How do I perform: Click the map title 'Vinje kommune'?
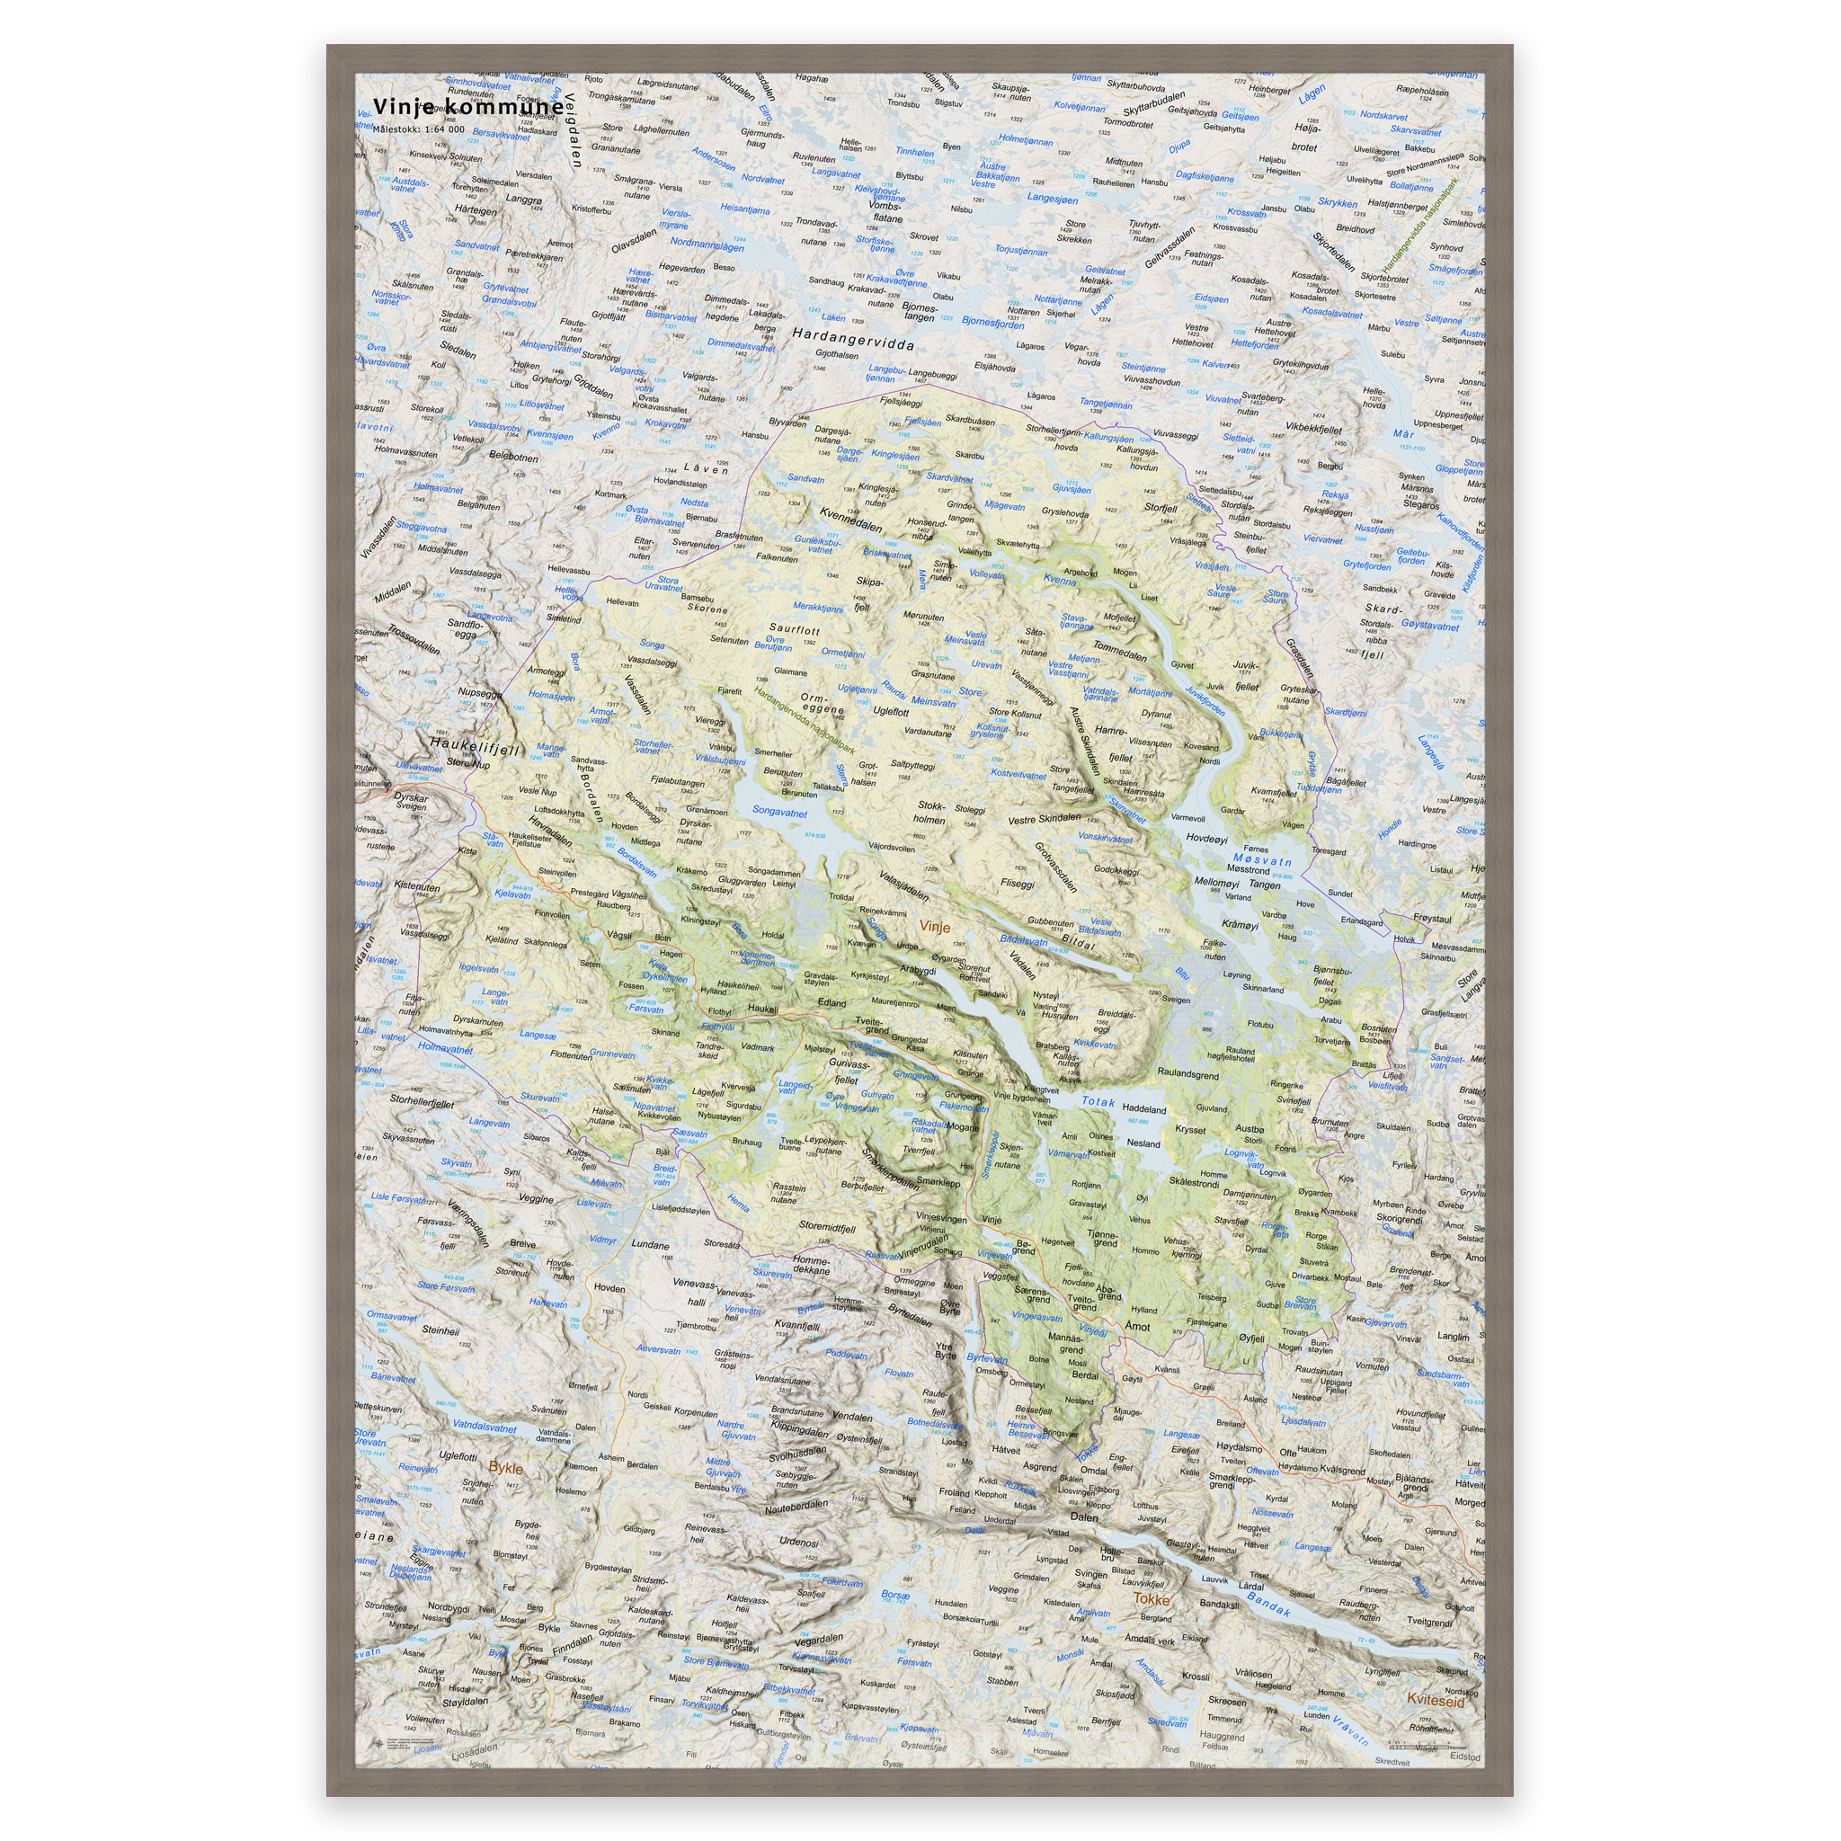coord(467,108)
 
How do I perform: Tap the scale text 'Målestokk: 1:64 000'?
coord(418,129)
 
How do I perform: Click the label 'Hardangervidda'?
coord(853,338)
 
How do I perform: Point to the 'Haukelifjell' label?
coord(476,746)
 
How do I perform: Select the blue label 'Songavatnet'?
coord(779,812)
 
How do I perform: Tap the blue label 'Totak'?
coord(1098,1101)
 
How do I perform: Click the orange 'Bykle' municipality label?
coord(506,1467)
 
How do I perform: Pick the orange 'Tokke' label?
coord(1152,1599)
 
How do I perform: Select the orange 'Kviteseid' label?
coord(1435,1699)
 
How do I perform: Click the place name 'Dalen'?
coord(1083,1516)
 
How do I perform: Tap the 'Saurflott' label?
coord(794,630)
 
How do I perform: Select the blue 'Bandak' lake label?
coord(1269,1605)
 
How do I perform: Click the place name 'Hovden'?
coord(609,1287)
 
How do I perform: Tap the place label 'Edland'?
coord(831,1002)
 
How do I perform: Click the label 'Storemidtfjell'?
coord(826,1227)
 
